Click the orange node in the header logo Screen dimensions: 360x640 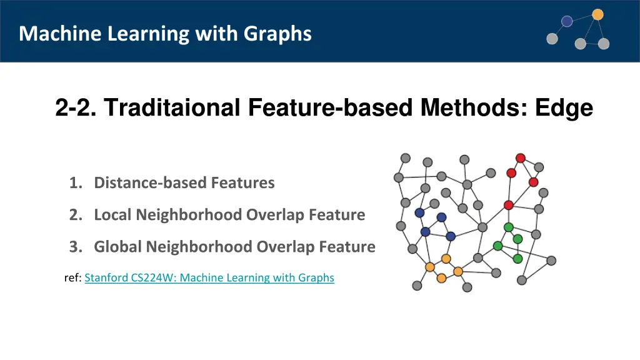pyautogui.click(x=597, y=14)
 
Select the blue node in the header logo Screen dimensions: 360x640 pyautogui.click(x=567, y=21)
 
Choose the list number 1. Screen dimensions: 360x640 pyautogui.click(x=76, y=183)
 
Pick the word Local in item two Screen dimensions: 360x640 pyautogui.click(x=113, y=215)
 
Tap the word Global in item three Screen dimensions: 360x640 pyautogui.click(x=118, y=247)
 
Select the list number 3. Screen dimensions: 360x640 pyautogui.click(x=76, y=247)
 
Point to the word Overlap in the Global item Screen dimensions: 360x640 pyautogui.click(x=286, y=247)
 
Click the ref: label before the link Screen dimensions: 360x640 pyautogui.click(x=72, y=277)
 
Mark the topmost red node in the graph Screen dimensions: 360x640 pyautogui.click(x=520, y=158)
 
